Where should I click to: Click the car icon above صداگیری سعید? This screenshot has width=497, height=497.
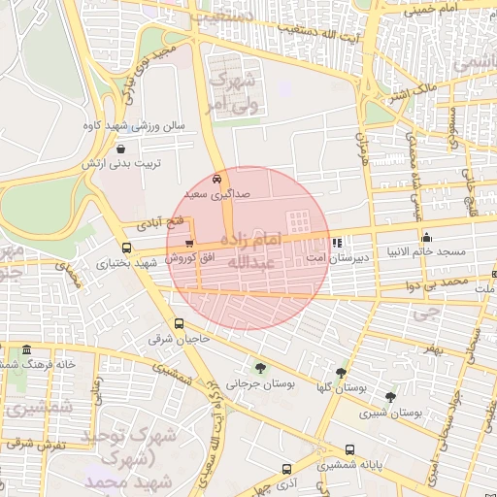pyautogui.click(x=215, y=179)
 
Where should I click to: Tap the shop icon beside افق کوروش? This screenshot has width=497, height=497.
pyautogui.click(x=188, y=244)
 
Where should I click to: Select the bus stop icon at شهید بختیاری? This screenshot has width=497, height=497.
pyautogui.click(x=126, y=248)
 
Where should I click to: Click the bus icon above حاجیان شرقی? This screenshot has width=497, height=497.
pyautogui.click(x=178, y=323)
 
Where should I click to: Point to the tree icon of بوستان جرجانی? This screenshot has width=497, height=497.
pyautogui.click(x=260, y=367)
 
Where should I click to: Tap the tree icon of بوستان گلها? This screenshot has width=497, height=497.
pyautogui.click(x=341, y=372)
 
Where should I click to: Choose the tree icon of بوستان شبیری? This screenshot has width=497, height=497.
pyautogui.click(x=390, y=396)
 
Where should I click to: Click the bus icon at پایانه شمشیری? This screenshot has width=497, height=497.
pyautogui.click(x=349, y=449)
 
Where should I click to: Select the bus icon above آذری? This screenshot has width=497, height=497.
pyautogui.click(x=286, y=468)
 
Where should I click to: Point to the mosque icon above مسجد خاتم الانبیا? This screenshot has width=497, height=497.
pyautogui.click(x=426, y=237)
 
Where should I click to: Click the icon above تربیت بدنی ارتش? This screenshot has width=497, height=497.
pyautogui.click(x=119, y=149)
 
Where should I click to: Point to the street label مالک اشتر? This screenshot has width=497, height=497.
pyautogui.click(x=412, y=95)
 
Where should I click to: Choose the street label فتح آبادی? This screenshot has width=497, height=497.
pyautogui.click(x=144, y=222)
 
